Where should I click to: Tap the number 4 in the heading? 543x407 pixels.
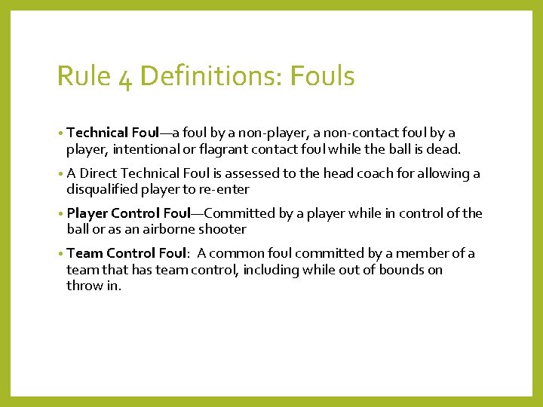coord(124,78)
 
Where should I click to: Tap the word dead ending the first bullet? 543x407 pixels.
coord(444,148)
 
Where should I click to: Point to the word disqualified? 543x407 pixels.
coord(106,189)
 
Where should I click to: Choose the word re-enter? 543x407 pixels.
coord(222,189)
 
